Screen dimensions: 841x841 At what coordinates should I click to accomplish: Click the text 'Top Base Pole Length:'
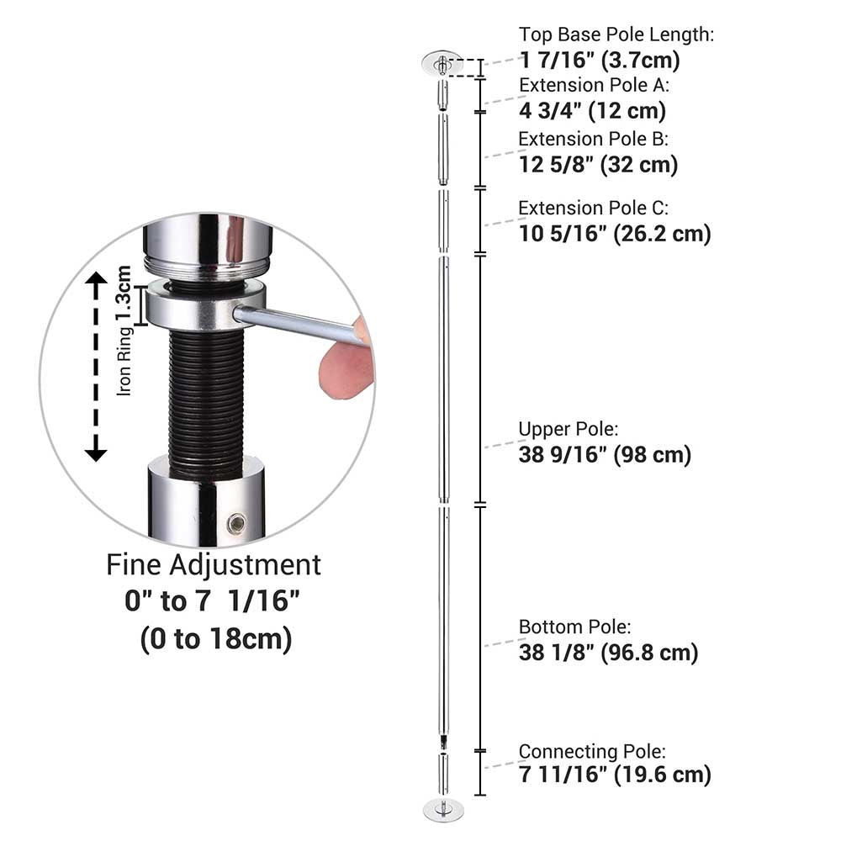616,34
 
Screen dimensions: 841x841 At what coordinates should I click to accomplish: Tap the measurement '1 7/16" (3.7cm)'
599,60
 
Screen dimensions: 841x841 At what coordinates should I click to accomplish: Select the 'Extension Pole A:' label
595,85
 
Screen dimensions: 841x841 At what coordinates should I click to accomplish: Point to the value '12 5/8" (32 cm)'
598,165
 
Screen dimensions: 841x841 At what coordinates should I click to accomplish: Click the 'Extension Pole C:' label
593,208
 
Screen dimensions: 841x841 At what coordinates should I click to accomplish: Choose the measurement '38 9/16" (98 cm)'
605,455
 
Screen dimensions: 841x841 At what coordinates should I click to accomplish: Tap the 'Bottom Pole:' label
574,627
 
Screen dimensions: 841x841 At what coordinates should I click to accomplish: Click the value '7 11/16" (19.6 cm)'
615,775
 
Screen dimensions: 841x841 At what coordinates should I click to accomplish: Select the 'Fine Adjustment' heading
214,565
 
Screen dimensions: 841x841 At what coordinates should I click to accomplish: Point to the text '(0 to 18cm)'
215,639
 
